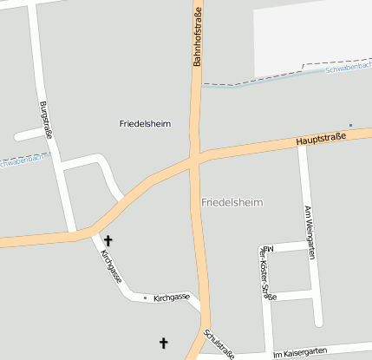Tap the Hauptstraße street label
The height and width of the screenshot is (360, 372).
click(x=320, y=138)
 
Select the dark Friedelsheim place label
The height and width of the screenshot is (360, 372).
click(x=145, y=124)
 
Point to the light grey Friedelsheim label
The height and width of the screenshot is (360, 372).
click(x=232, y=202)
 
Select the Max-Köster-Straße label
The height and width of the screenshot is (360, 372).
click(x=268, y=272)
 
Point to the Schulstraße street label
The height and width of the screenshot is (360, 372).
click(x=219, y=344)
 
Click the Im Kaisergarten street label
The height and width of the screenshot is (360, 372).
click(x=299, y=351)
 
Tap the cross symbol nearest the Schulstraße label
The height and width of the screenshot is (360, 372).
click(x=164, y=343)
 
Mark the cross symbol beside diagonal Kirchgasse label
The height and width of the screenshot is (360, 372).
click(x=108, y=240)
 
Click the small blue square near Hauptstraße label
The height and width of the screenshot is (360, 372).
click(x=350, y=126)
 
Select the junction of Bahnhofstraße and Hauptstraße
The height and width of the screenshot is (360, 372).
click(x=195, y=159)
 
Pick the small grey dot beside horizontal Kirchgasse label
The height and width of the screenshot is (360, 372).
click(x=145, y=298)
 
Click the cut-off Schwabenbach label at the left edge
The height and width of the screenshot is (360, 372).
click(x=22, y=160)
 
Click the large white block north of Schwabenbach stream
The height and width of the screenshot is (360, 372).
click(x=312, y=35)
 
